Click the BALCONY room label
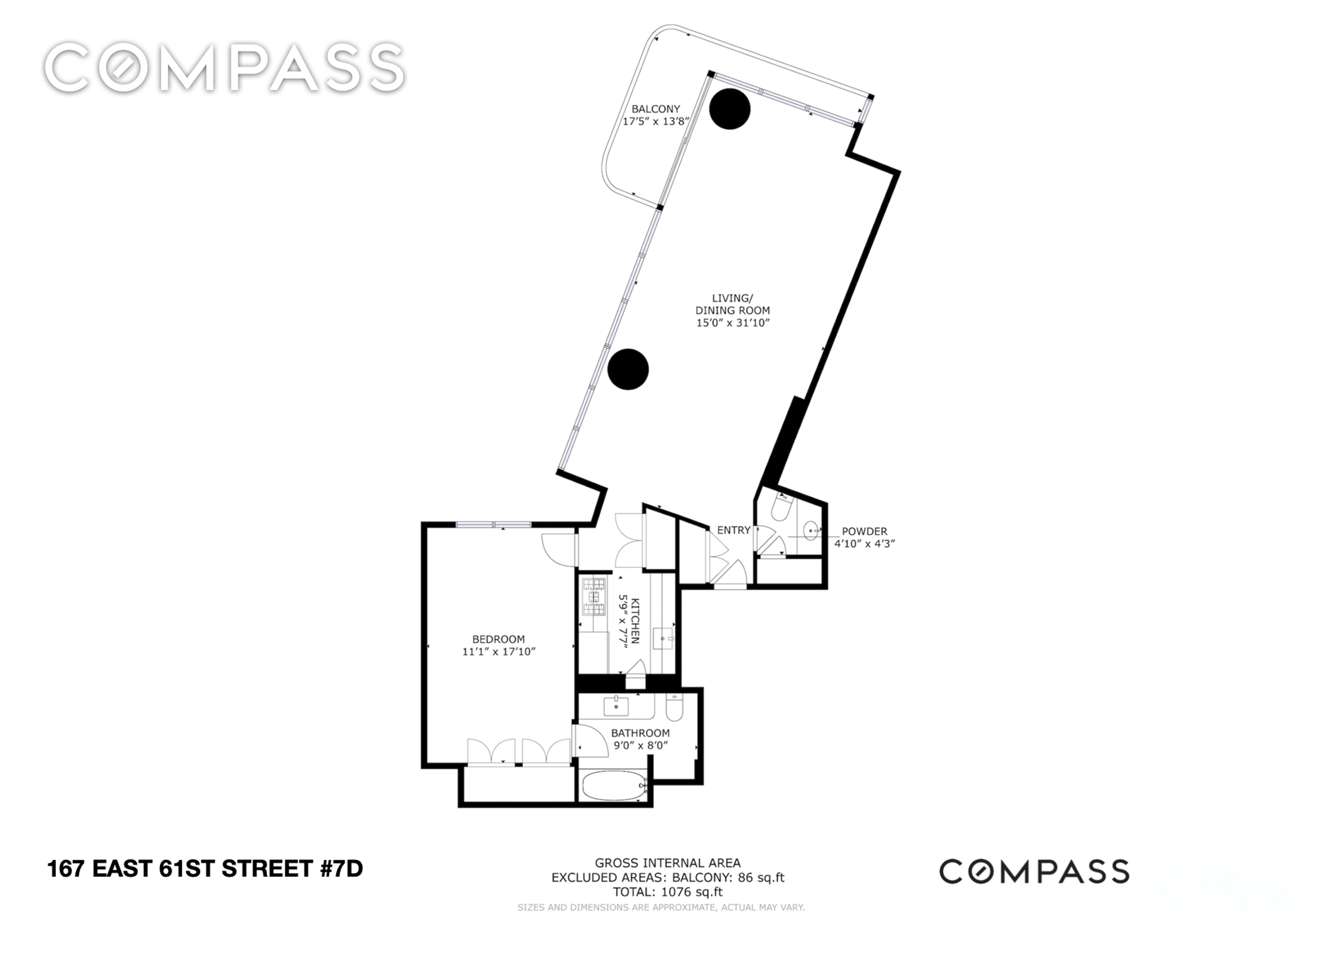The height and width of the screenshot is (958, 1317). point(656,109)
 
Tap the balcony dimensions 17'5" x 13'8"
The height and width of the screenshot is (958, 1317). point(656,121)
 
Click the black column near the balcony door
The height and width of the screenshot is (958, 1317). point(729,109)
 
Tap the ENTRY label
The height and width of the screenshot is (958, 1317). point(733,530)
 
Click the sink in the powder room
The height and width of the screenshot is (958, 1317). point(811,530)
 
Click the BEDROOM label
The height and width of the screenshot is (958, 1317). point(498,639)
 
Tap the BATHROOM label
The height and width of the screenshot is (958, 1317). point(640,733)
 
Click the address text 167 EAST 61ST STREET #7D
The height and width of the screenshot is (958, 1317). point(205,869)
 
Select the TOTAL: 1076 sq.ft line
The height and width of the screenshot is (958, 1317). point(668,892)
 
